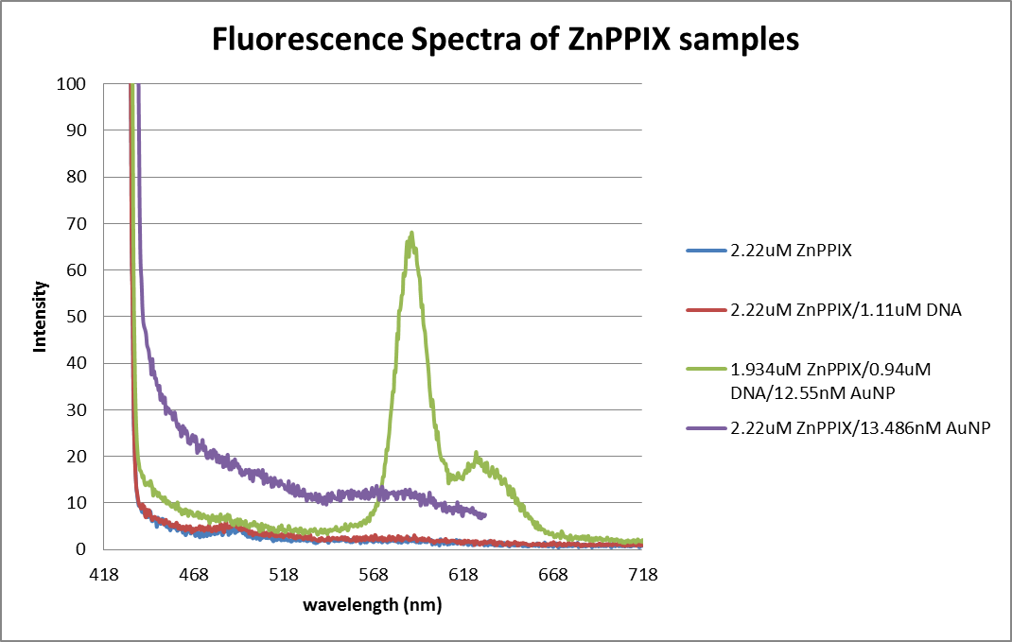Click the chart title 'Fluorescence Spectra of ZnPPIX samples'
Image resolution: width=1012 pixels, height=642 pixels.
click(x=505, y=40)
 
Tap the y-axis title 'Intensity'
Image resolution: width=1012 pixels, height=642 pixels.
click(x=41, y=316)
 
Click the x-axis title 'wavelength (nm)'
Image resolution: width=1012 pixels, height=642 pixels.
click(x=373, y=604)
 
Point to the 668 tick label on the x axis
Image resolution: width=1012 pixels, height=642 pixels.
click(x=553, y=574)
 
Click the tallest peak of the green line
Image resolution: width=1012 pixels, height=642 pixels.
click(x=411, y=233)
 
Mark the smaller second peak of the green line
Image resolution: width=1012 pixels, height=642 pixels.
click(x=477, y=454)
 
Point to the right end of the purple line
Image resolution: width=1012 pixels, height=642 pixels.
click(x=485, y=515)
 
